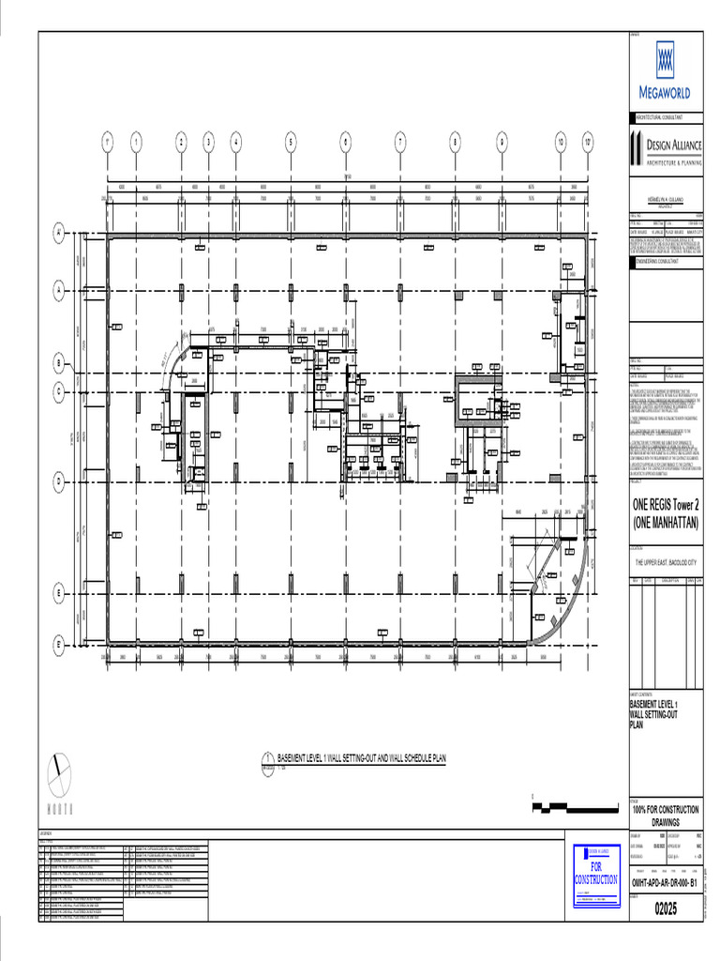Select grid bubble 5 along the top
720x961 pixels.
point(291,143)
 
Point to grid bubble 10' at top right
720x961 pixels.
point(588,143)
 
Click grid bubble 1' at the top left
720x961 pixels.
point(109,143)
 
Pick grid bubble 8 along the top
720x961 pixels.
point(456,143)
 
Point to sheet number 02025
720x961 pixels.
point(665,909)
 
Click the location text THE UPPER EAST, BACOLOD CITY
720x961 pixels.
point(666,563)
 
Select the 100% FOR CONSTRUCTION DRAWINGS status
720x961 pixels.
point(666,815)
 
